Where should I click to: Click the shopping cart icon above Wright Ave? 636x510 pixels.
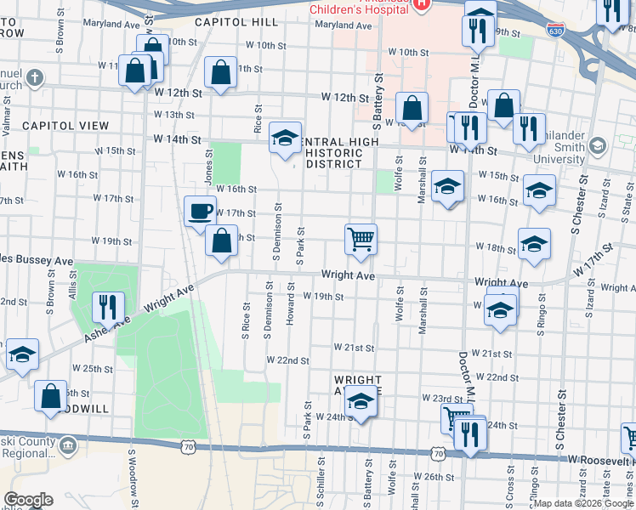pyautogui.click(x=361, y=240)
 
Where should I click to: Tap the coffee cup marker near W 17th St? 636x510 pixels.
pyautogui.click(x=201, y=211)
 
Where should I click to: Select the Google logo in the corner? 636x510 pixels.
pyautogui.click(x=28, y=500)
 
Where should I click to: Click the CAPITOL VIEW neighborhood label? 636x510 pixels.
pyautogui.click(x=65, y=126)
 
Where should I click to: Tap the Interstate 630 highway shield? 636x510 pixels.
pyautogui.click(x=556, y=31)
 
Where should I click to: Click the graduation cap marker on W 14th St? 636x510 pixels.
pyautogui.click(x=285, y=137)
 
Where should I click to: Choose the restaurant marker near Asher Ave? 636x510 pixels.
pyautogui.click(x=108, y=306)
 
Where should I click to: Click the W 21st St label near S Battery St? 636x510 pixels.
pyautogui.click(x=354, y=348)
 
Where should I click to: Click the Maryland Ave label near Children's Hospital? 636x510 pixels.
pyautogui.click(x=344, y=26)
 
